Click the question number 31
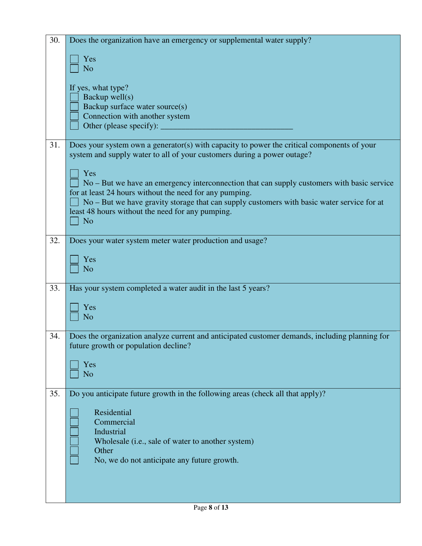[55, 145]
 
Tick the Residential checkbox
[74, 412]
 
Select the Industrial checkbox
[74, 431]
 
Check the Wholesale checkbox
[74, 441]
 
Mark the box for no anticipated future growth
[74, 460]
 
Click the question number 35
[55, 394]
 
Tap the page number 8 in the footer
[210, 507]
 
